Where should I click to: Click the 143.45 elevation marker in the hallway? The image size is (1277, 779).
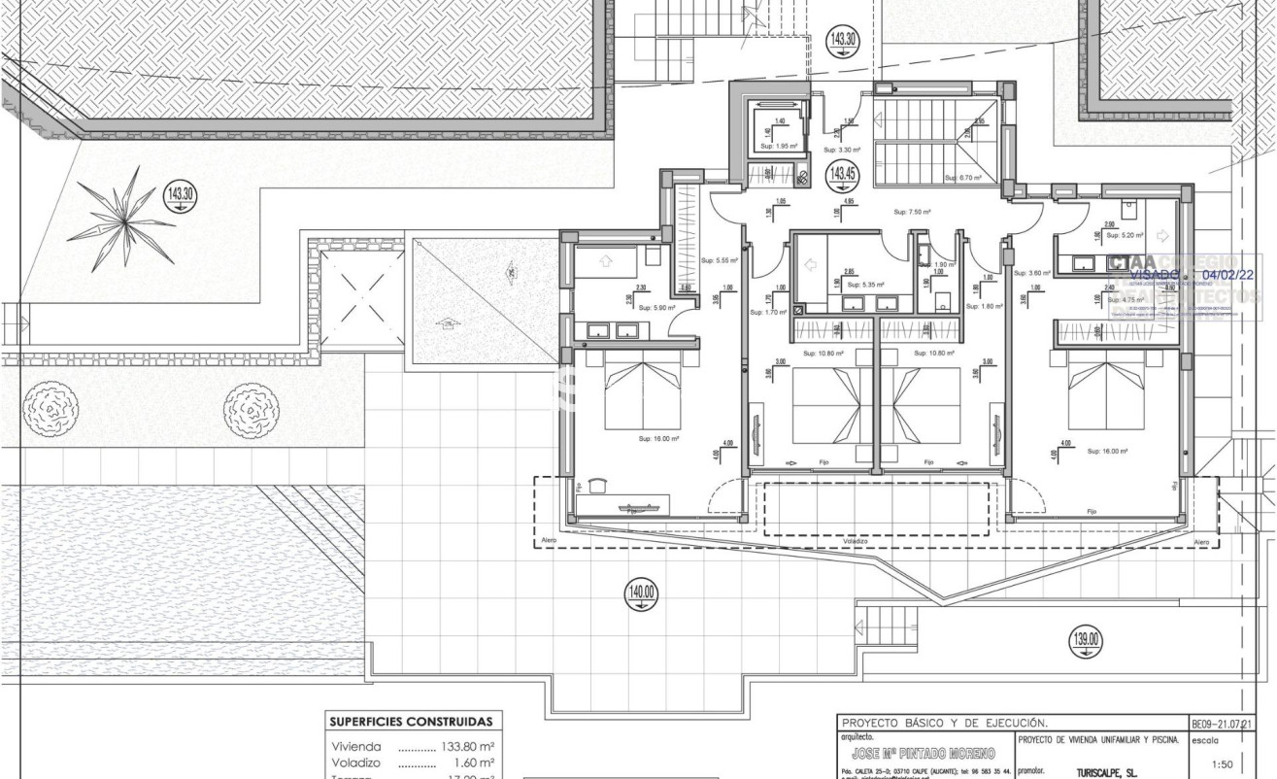[x=841, y=175]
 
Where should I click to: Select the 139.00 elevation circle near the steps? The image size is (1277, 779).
[x=1087, y=639]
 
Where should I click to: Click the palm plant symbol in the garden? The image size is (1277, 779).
[x=121, y=220]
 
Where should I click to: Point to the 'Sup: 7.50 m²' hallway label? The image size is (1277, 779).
[x=913, y=211]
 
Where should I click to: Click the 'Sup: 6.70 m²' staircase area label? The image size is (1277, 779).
[x=963, y=178]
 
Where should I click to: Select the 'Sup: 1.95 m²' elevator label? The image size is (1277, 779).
[x=778, y=147]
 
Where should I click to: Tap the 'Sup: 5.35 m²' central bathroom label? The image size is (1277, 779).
[x=866, y=285]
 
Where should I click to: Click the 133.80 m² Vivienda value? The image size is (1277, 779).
[x=468, y=747]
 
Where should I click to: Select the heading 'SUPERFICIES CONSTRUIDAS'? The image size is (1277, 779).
[x=411, y=722]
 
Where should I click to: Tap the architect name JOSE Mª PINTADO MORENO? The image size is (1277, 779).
[x=923, y=754]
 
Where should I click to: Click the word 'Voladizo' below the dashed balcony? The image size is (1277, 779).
[x=856, y=542]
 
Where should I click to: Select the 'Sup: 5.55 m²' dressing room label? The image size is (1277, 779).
[x=720, y=260]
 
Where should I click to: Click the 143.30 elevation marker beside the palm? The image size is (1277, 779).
[x=180, y=195]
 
